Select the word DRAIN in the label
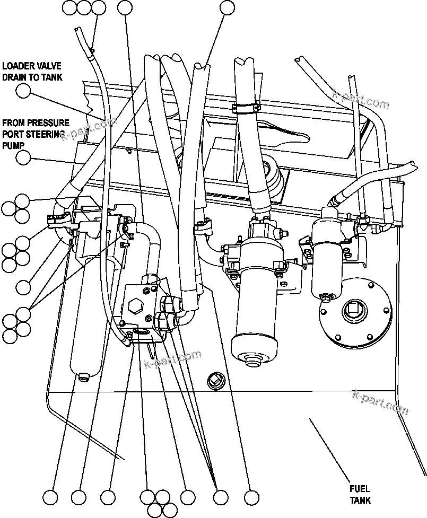[14, 77]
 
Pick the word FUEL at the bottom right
[359, 489]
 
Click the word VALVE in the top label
[48, 66]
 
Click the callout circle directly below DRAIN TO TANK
[23, 91]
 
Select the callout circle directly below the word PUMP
[23, 157]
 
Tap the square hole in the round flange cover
[352, 309]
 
